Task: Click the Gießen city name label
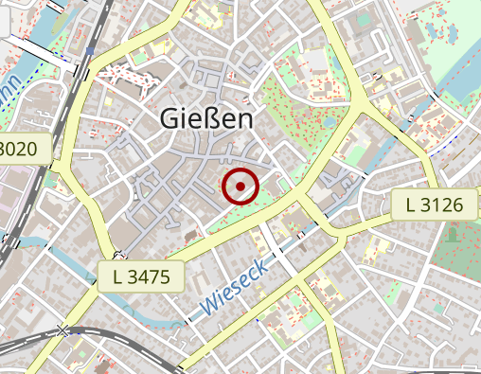pyautogui.click(x=207, y=118)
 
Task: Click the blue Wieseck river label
pyautogui.click(x=234, y=287)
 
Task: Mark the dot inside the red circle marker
pyautogui.click(x=241, y=187)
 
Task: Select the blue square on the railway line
pyautogui.click(x=89, y=51)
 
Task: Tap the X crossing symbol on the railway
pyautogui.click(x=64, y=330)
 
